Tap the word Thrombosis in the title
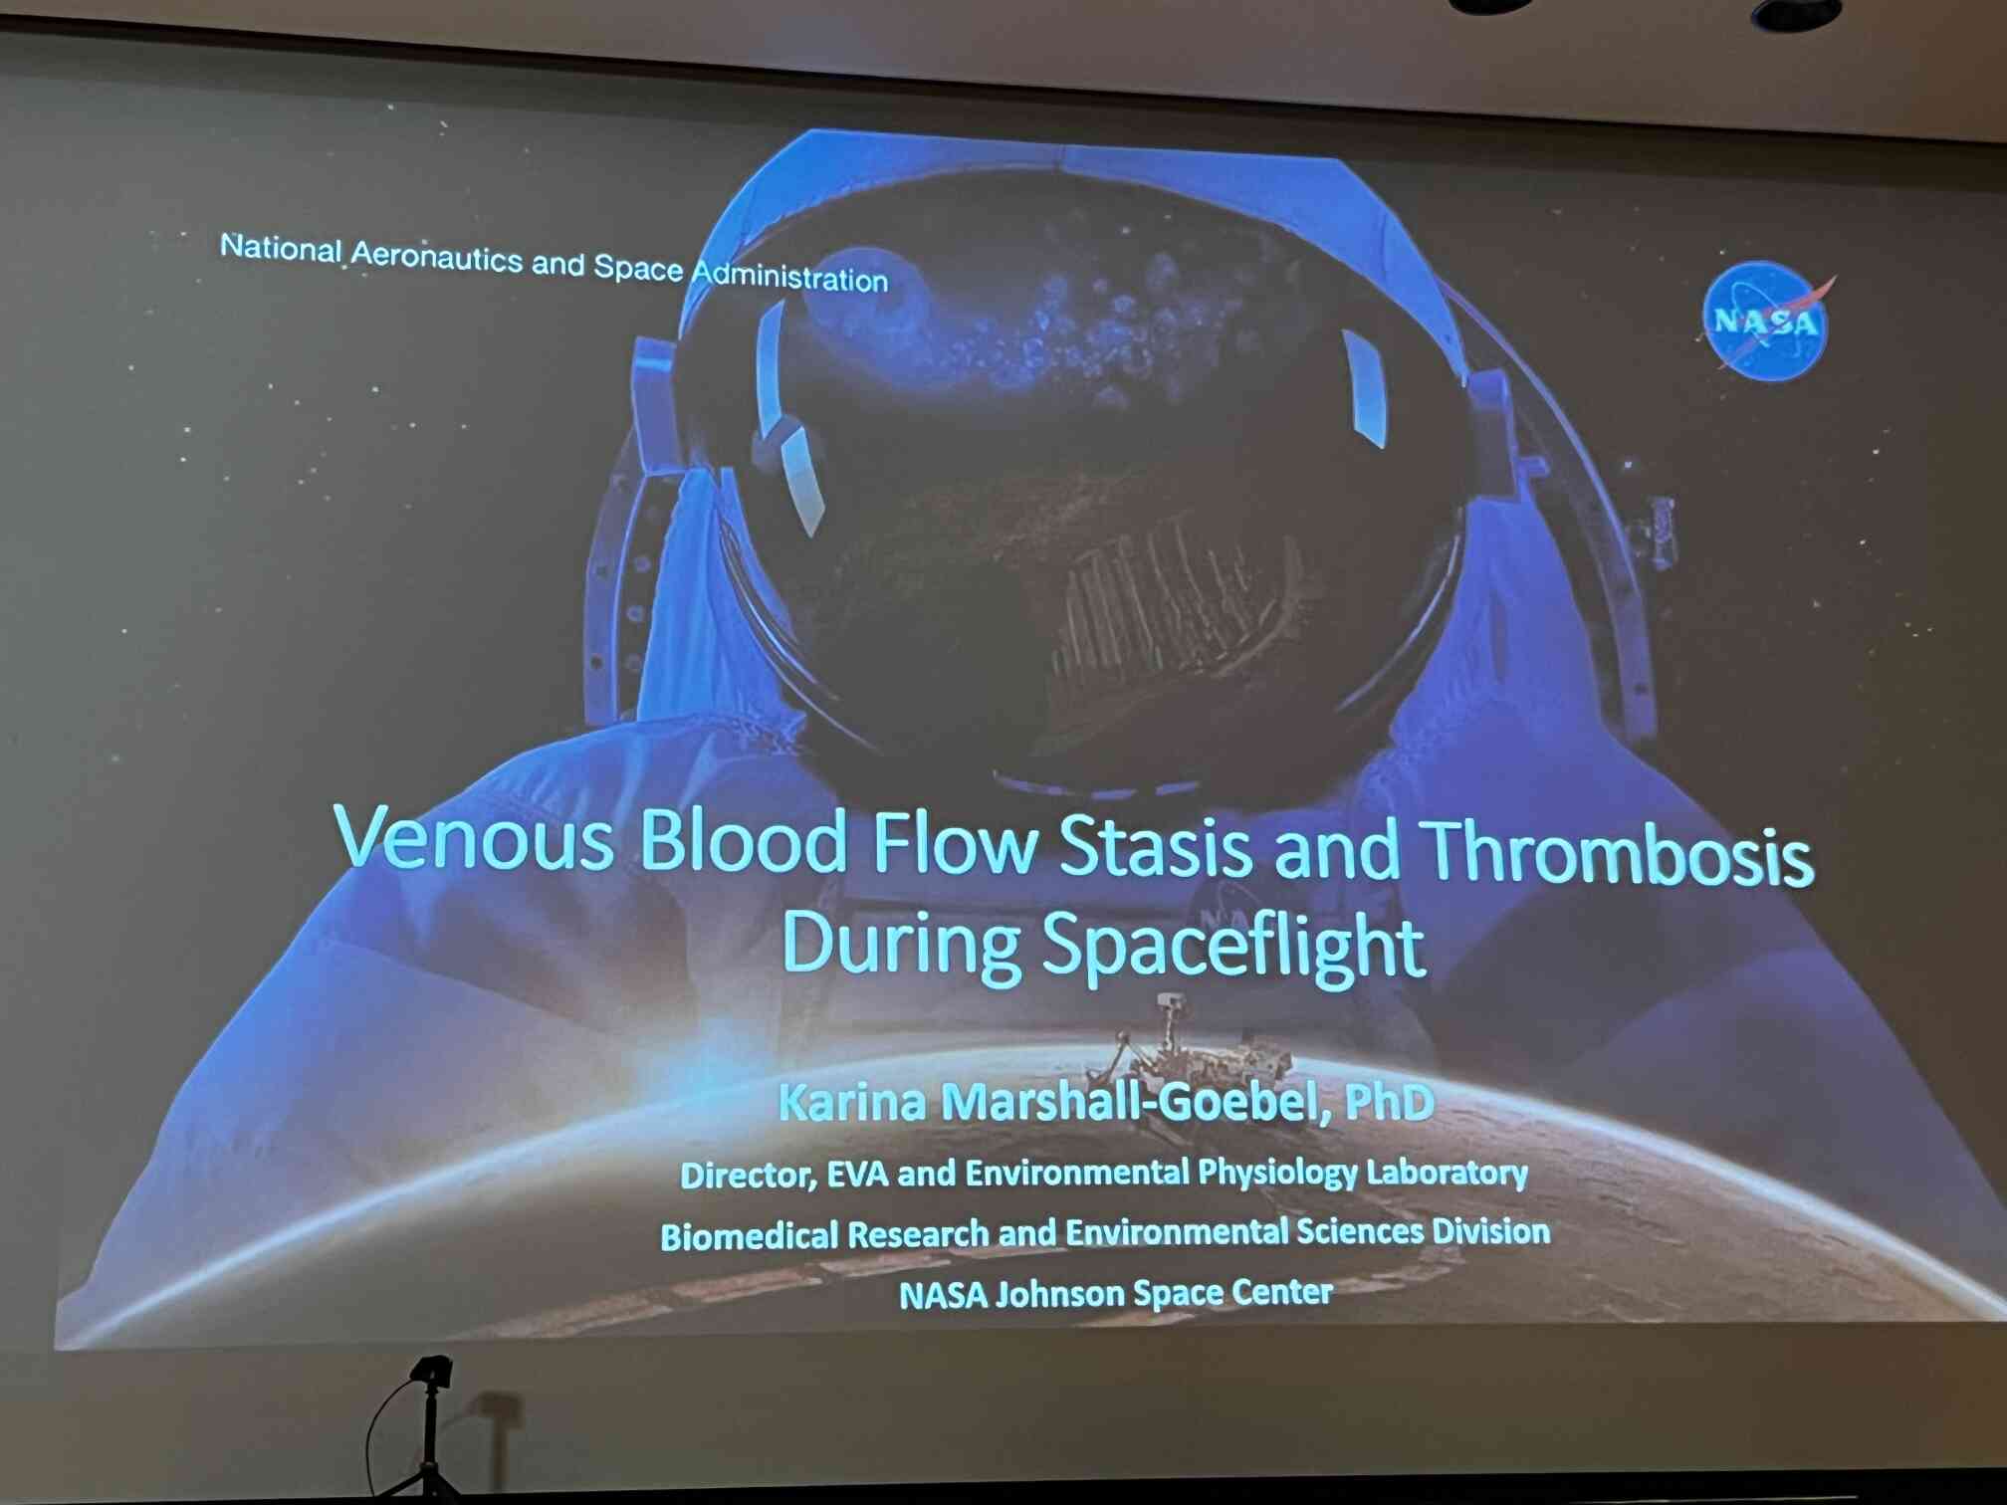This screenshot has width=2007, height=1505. [x=1616, y=853]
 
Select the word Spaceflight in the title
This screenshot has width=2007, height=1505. [x=1233, y=946]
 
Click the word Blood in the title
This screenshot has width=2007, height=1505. [x=743, y=841]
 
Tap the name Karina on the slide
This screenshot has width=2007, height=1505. [x=852, y=1101]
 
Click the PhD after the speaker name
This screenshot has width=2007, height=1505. [x=1390, y=1101]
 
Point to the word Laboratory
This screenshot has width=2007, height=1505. [x=1447, y=1173]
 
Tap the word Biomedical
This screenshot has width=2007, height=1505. [x=750, y=1236]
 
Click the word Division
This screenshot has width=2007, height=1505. [x=1490, y=1231]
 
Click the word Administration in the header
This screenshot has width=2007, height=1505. [x=789, y=276]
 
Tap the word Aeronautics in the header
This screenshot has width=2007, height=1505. [x=437, y=256]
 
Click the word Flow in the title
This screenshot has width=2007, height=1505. [x=954, y=844]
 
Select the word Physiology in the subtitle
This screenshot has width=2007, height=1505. [x=1277, y=1175]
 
